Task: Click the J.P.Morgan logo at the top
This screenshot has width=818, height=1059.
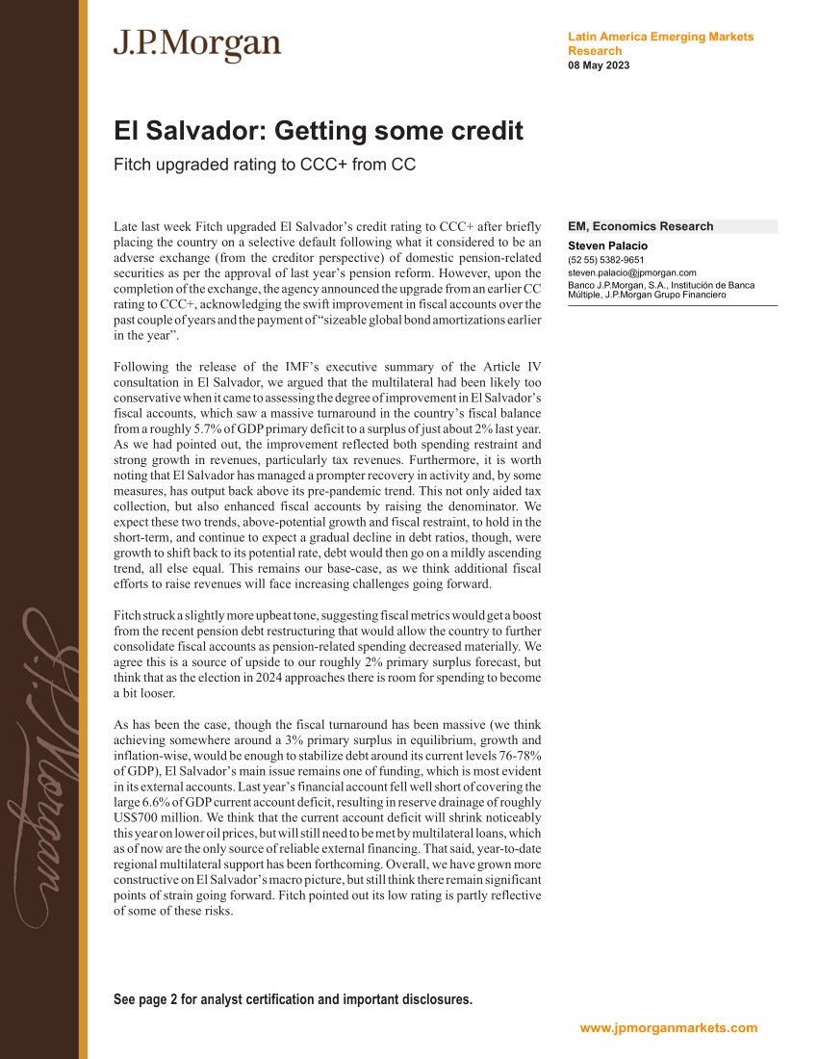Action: [x=197, y=45]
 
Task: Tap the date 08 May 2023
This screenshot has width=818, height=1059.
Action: [x=600, y=65]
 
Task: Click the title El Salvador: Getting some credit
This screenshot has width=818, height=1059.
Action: [x=319, y=131]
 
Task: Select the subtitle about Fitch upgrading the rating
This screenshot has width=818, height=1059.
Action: [x=265, y=165]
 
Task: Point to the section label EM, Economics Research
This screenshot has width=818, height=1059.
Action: [x=641, y=227]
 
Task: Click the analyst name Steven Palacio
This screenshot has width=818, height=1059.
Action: [x=608, y=245]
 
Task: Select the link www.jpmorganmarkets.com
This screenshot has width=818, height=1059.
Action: [x=669, y=1027]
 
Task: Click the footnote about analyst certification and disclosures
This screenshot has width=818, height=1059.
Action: [x=294, y=999]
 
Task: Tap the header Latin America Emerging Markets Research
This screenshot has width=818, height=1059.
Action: [x=661, y=43]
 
